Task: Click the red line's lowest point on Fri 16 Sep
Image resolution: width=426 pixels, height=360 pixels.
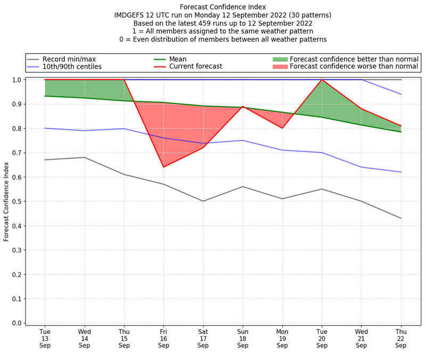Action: tap(163, 167)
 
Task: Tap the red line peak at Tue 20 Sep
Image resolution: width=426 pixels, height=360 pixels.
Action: tap(322, 80)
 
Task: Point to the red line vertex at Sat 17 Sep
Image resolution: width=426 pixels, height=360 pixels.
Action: tap(203, 148)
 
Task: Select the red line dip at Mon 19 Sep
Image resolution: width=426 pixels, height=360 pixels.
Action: tap(282, 128)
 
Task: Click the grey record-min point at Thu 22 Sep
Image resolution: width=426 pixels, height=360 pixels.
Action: tap(401, 218)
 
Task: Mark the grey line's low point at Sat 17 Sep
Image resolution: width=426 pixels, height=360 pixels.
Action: tap(203, 201)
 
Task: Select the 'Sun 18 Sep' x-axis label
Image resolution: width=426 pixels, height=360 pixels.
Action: tap(243, 338)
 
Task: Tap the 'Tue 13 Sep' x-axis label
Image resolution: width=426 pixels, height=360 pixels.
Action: tap(45, 338)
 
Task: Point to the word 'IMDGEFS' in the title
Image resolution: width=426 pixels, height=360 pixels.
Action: tap(131, 15)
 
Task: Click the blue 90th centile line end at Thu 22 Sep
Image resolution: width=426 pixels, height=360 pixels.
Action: tap(401, 94)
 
